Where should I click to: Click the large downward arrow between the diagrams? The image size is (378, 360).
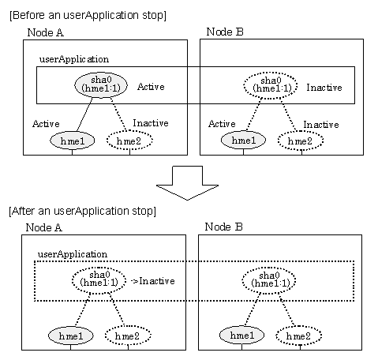click(187, 182)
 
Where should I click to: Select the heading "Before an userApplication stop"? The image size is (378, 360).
click(88, 15)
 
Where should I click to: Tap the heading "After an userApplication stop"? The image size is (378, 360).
click(82, 211)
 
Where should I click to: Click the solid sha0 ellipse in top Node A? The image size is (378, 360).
click(101, 85)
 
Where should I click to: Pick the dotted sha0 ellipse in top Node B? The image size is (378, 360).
click(271, 86)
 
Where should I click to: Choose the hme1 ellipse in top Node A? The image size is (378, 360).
click(72, 141)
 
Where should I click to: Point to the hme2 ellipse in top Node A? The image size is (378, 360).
click(129, 141)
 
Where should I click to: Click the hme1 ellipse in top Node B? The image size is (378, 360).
click(243, 140)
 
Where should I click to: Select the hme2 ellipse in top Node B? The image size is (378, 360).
click(301, 141)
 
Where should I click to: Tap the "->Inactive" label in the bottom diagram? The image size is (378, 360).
click(153, 281)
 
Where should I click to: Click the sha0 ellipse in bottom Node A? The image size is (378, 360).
click(99, 280)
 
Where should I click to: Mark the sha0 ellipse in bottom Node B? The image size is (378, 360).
click(269, 281)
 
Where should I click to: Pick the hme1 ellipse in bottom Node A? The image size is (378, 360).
click(71, 336)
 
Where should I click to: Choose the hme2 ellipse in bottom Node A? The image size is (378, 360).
click(128, 336)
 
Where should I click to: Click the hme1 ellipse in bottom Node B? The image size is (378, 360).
click(241, 335)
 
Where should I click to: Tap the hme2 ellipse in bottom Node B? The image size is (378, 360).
click(299, 336)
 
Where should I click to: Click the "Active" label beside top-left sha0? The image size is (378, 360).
click(151, 87)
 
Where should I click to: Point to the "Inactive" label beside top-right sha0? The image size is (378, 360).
click(324, 88)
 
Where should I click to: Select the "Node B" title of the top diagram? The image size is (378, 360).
click(225, 32)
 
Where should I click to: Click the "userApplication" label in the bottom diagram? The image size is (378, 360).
click(73, 254)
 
